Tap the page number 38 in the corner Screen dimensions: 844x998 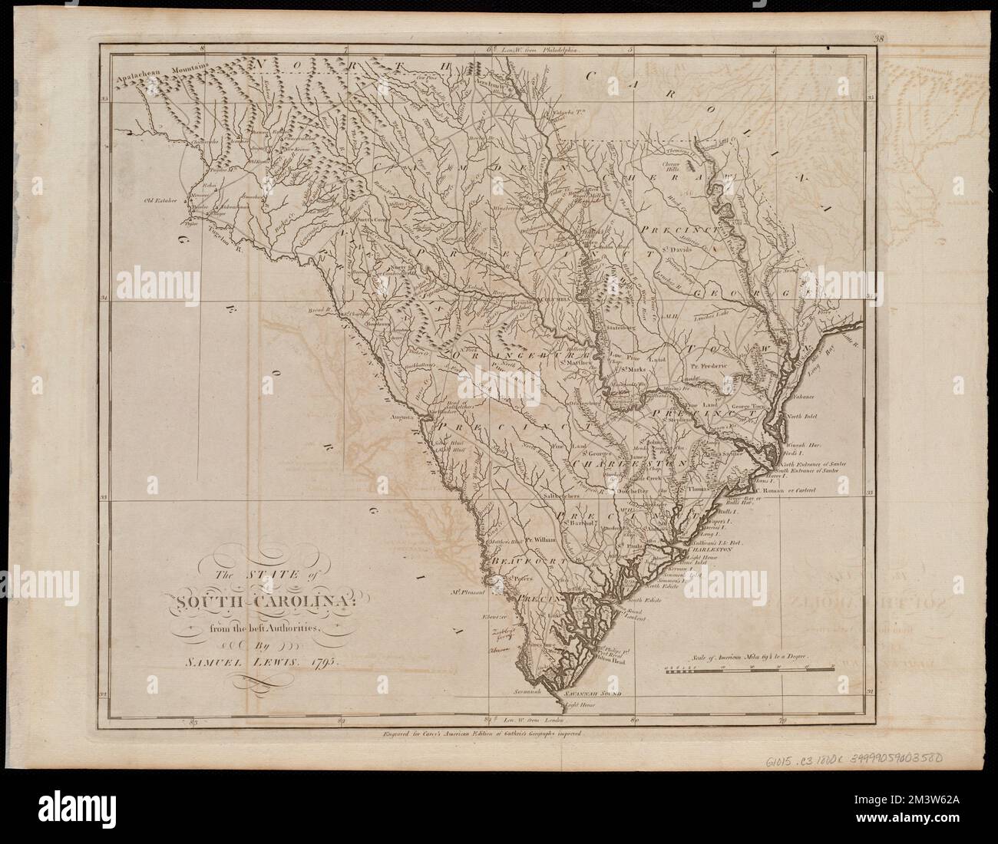[878, 35]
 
